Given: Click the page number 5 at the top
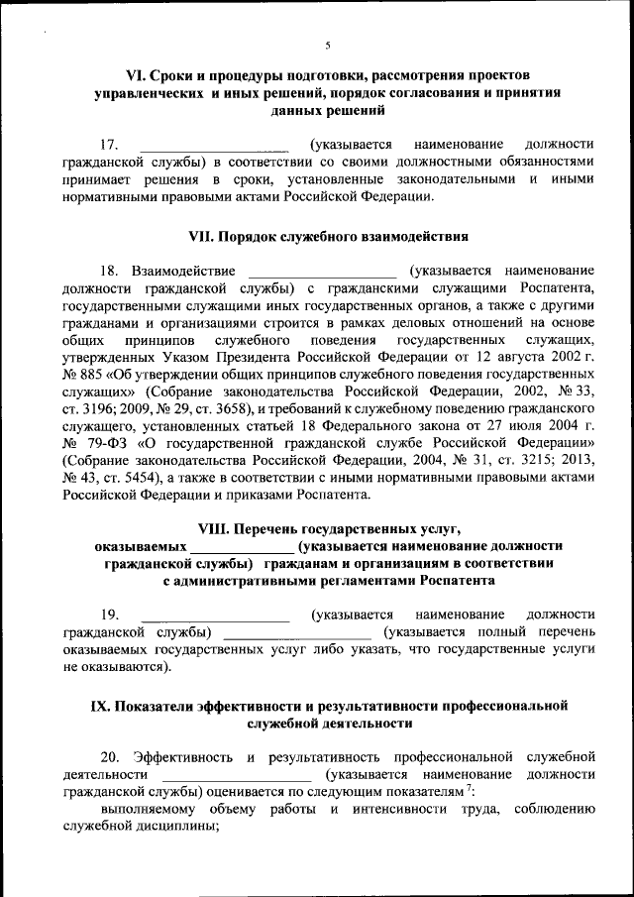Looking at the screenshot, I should pyautogui.click(x=327, y=44).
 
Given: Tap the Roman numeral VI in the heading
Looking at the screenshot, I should pyautogui.click(x=133, y=75).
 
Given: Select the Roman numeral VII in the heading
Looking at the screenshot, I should pyautogui.click(x=201, y=237).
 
